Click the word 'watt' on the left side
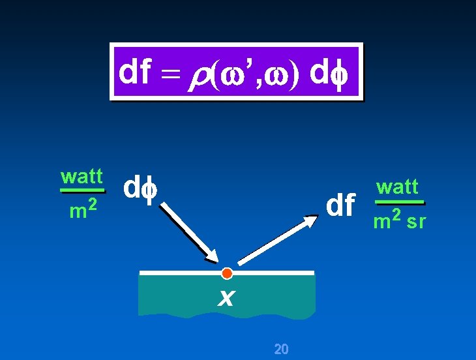point(82,177)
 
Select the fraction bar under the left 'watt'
point(82,190)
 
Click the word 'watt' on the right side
point(397,188)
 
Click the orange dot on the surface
point(226,273)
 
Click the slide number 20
point(281,349)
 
